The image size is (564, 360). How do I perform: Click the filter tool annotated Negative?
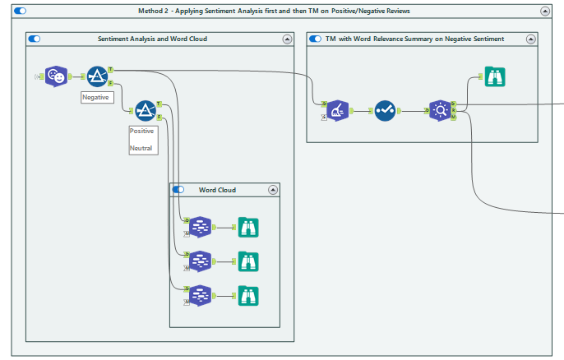(98, 76)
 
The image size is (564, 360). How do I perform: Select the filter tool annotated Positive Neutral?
(146, 110)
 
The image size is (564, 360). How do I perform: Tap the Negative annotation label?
(97, 97)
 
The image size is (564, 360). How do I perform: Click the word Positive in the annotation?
(142, 131)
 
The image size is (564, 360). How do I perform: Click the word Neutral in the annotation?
(141, 149)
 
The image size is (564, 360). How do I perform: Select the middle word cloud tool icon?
(201, 261)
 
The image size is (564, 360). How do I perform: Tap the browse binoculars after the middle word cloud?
(248, 261)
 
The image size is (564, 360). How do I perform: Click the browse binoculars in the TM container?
(494, 76)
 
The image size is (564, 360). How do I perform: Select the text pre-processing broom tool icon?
(337, 110)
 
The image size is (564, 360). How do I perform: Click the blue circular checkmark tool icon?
(385, 110)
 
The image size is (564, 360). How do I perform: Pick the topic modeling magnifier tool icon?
(440, 110)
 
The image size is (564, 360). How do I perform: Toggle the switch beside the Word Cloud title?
(178, 190)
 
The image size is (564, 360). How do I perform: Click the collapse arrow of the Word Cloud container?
(273, 190)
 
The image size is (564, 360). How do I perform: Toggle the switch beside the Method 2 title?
(21, 11)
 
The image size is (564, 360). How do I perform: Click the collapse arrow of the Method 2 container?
(545, 11)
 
